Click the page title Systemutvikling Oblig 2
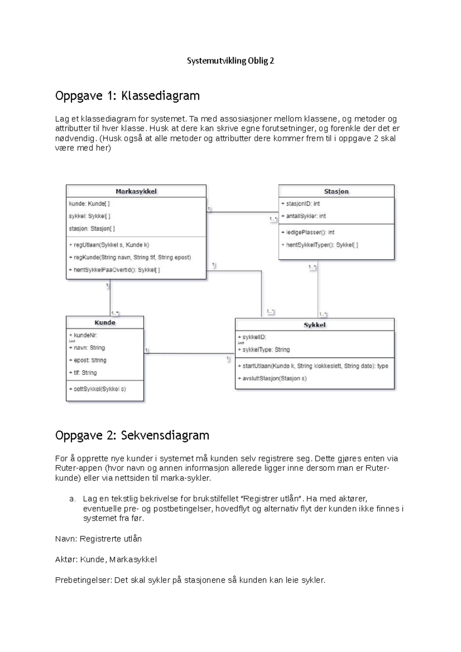pyautogui.click(x=230, y=61)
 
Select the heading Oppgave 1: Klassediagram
pyautogui.click(x=127, y=96)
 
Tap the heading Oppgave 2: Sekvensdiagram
pyautogui.click(x=132, y=435)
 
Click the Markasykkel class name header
pyautogui.click(x=136, y=191)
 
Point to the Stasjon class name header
pyautogui.click(x=336, y=191)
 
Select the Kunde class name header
pyautogui.click(x=104, y=323)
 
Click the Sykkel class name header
pyautogui.click(x=314, y=325)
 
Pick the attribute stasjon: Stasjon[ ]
pyautogui.click(x=92, y=228)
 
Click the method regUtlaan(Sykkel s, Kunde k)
pyautogui.click(x=109, y=245)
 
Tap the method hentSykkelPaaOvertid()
pyautogui.click(x=114, y=270)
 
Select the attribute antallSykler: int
pyautogui.click(x=303, y=216)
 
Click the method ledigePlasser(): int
pyautogui.click(x=308, y=232)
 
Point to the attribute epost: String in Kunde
pyautogui.click(x=88, y=360)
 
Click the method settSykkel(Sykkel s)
pyautogui.click(x=98, y=389)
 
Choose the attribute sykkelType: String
pyautogui.click(x=264, y=350)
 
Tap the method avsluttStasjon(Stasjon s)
pyautogui.click(x=272, y=379)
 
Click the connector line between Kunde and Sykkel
pyautogui.click(x=188, y=353)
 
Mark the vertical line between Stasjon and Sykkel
pyautogui.click(x=318, y=288)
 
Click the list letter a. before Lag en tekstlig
pyautogui.click(x=72, y=499)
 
